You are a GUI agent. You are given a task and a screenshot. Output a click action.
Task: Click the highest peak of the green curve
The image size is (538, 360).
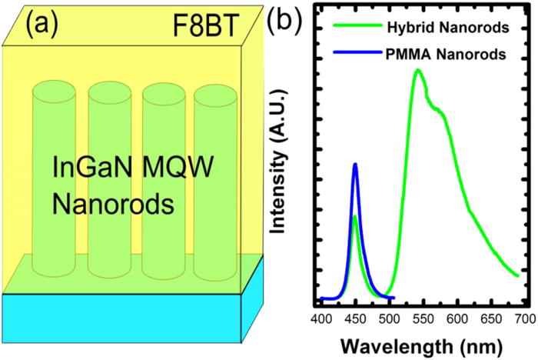click(417, 70)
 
